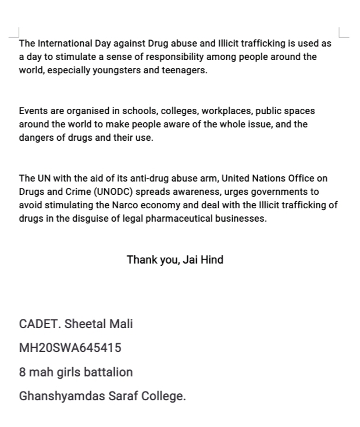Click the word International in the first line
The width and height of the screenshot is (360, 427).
tap(62, 43)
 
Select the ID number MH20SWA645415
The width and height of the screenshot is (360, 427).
tap(70, 348)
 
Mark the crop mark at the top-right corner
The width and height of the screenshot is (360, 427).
tap(343, 33)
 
